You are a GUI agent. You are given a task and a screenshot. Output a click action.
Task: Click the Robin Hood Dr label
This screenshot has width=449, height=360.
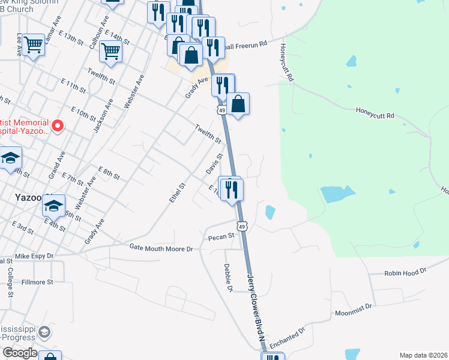point(406,271)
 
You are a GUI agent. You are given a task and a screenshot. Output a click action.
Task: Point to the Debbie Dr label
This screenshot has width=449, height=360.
point(228,278)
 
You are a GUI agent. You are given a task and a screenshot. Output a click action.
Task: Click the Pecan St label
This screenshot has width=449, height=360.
point(220,238)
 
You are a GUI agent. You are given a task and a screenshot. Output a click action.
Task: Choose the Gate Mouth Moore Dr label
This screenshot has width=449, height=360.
point(164,248)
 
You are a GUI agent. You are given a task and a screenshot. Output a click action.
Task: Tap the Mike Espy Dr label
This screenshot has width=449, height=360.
point(34,256)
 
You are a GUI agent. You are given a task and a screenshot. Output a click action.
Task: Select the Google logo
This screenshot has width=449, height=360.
point(19,353)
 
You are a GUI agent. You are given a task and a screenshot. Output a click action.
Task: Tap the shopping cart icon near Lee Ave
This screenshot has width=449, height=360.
point(34,43)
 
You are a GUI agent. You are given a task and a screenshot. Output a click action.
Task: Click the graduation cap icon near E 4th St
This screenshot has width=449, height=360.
point(53,206)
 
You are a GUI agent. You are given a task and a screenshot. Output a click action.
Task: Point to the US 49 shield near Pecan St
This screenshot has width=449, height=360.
point(241,226)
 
